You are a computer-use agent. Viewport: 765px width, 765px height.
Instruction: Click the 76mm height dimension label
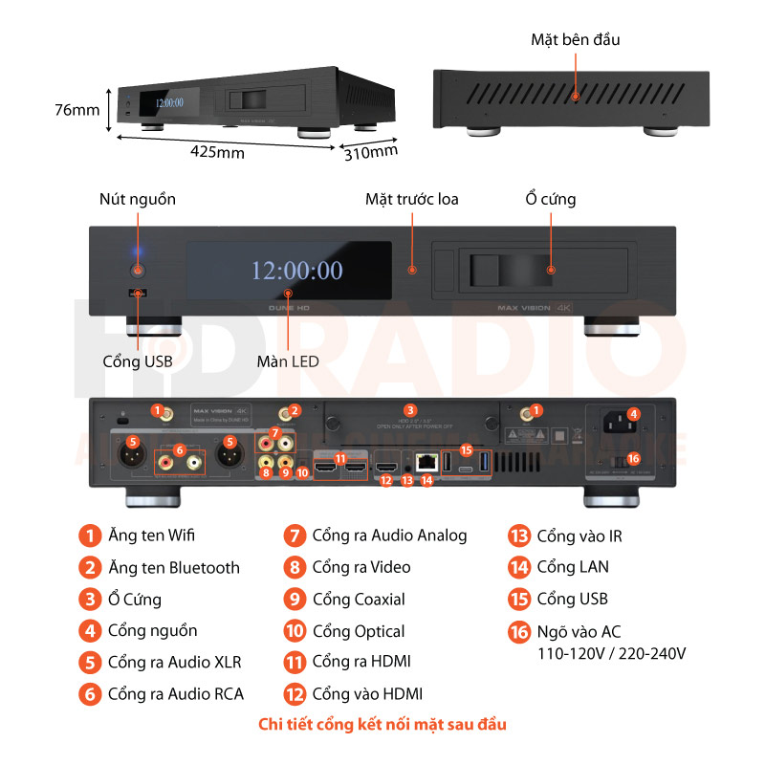click(76, 110)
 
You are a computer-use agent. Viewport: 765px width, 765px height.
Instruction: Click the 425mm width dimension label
click(217, 152)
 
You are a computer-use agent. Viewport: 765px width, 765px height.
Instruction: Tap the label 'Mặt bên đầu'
click(576, 39)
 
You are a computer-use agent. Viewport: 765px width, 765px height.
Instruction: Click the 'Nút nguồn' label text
click(138, 199)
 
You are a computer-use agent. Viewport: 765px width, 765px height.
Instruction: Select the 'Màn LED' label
click(288, 361)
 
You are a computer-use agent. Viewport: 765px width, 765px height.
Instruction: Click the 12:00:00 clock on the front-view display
click(296, 271)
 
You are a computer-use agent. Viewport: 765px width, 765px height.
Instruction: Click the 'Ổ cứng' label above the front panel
click(551, 199)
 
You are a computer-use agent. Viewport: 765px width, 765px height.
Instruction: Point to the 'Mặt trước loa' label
click(412, 199)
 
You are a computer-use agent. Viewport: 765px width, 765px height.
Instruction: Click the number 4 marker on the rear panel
click(633, 414)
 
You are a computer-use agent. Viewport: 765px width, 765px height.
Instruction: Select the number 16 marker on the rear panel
click(632, 458)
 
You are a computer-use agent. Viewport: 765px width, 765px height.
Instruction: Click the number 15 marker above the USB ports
click(467, 448)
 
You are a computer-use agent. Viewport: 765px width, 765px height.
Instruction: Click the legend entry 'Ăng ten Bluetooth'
click(172, 567)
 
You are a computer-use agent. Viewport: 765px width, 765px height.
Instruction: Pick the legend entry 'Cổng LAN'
click(572, 567)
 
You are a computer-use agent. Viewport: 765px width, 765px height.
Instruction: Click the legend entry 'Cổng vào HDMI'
click(367, 694)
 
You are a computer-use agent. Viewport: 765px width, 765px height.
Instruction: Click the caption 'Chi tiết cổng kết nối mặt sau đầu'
click(382, 724)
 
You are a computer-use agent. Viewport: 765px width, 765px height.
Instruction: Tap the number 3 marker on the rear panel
click(409, 409)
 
